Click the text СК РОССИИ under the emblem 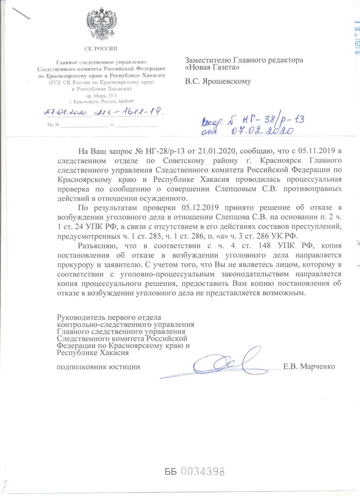coord(102,49)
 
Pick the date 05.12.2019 coord(202,207)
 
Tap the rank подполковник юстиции coord(98,367)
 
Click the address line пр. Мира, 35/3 coord(102,95)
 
